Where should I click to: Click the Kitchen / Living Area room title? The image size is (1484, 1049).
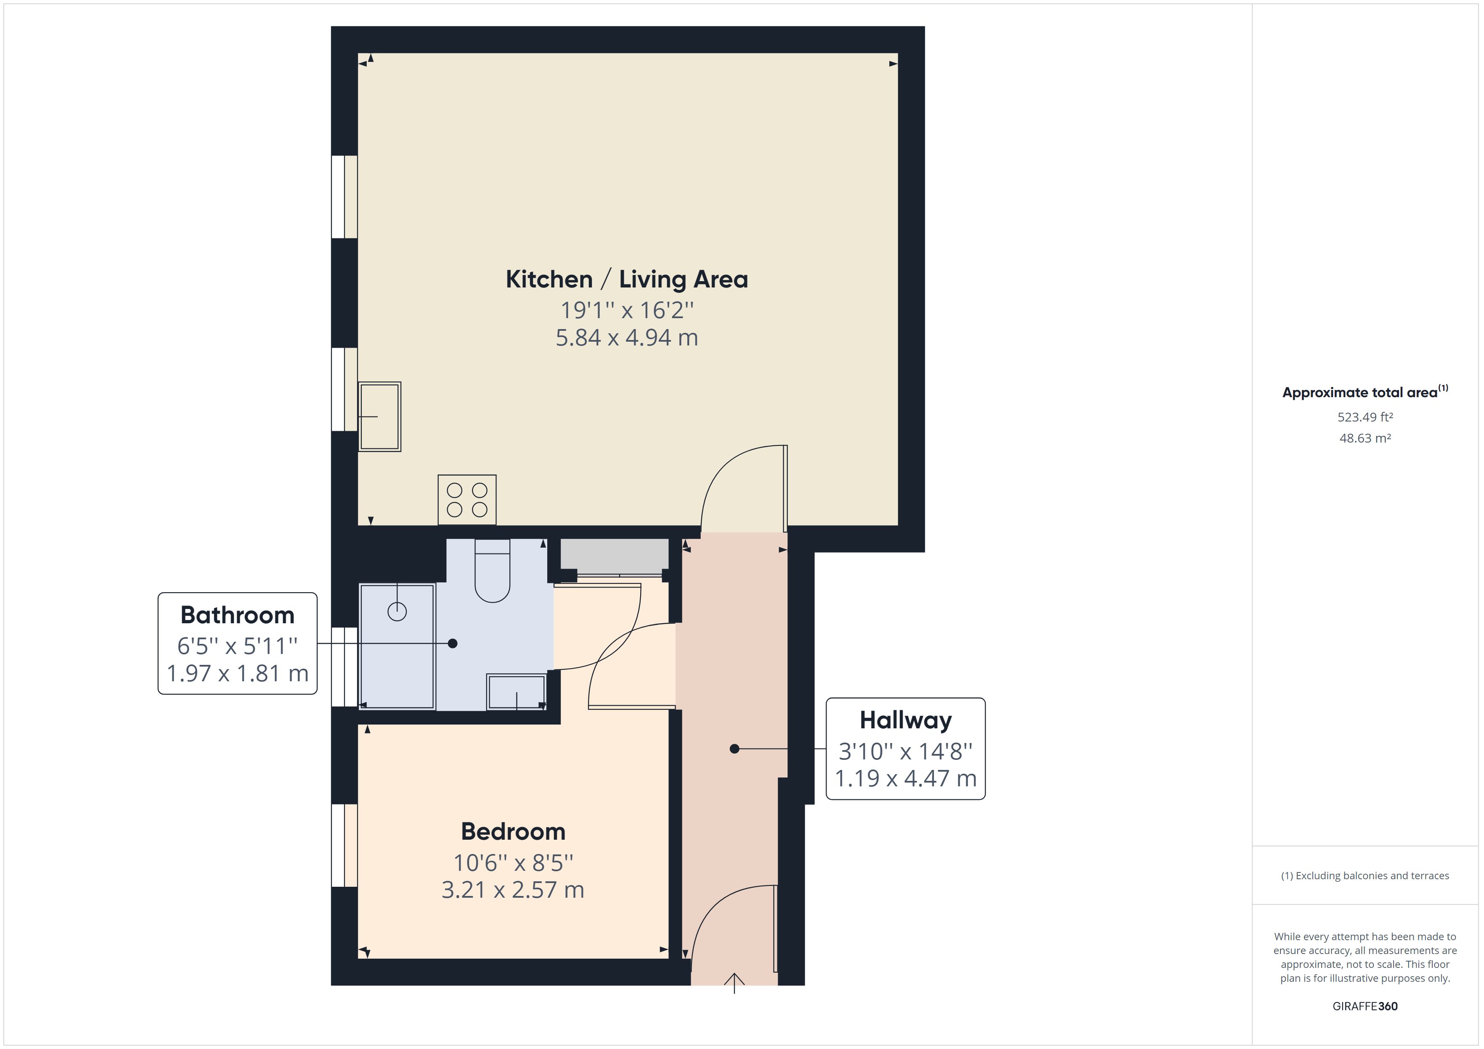626,279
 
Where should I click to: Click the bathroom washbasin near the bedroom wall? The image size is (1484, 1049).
517,692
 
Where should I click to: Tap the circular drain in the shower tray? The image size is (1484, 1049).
397,611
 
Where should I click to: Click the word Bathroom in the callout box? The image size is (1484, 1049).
237,615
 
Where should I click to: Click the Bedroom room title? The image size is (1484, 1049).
513,831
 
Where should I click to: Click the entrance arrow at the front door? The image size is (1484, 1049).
734,982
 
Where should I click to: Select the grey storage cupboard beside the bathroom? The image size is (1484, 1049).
614,556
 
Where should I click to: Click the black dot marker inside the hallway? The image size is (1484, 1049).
734,749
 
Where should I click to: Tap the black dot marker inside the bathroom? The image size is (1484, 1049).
453,643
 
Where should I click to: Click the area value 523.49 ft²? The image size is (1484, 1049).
1365,417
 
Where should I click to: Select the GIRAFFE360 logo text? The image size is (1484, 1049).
1365,1006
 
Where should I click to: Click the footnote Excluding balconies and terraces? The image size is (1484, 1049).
1365,876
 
